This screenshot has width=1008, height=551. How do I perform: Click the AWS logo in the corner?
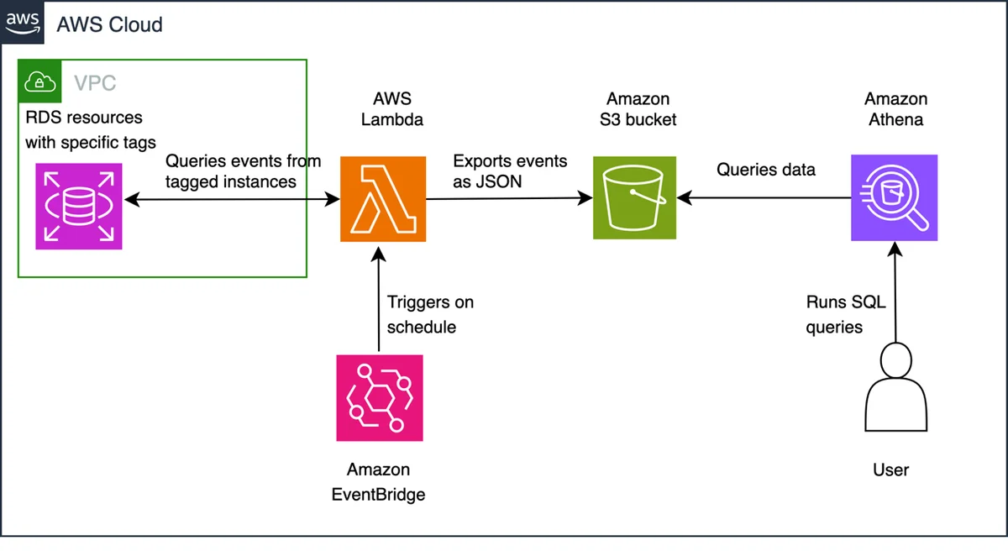pyautogui.click(x=22, y=22)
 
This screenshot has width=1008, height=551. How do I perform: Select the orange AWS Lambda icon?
pyautogui.click(x=383, y=199)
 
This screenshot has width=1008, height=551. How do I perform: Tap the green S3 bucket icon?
pyautogui.click(x=634, y=197)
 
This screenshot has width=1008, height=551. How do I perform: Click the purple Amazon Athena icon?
pyautogui.click(x=894, y=198)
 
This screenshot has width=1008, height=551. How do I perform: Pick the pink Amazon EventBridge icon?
pyautogui.click(x=380, y=398)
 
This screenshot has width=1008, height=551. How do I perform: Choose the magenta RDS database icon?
pyautogui.click(x=79, y=206)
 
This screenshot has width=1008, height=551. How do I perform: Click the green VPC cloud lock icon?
pyautogui.click(x=39, y=81)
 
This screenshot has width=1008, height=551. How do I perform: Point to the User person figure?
pyautogui.click(x=896, y=387)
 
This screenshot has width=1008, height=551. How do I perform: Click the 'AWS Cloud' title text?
pyautogui.click(x=109, y=24)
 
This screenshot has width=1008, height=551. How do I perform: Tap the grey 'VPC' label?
pyautogui.click(x=95, y=83)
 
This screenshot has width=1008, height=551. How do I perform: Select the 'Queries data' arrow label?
pyautogui.click(x=766, y=170)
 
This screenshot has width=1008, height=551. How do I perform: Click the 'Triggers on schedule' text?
pyautogui.click(x=430, y=314)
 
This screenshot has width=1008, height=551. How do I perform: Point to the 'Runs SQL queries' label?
pyautogui.click(x=846, y=314)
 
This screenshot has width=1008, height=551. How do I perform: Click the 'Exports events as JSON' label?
pyautogui.click(x=510, y=171)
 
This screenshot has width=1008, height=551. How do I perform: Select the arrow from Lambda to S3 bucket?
pyautogui.click(x=509, y=198)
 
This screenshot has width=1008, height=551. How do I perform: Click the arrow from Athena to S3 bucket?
pyautogui.click(x=764, y=197)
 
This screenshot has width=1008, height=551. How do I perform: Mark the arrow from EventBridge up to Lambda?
pyautogui.click(x=379, y=299)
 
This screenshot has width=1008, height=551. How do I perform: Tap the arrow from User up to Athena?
pyautogui.click(x=895, y=292)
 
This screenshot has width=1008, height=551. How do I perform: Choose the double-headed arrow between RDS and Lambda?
pyautogui.click(x=232, y=199)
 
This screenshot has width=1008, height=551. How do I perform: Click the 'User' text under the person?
pyautogui.click(x=890, y=470)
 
